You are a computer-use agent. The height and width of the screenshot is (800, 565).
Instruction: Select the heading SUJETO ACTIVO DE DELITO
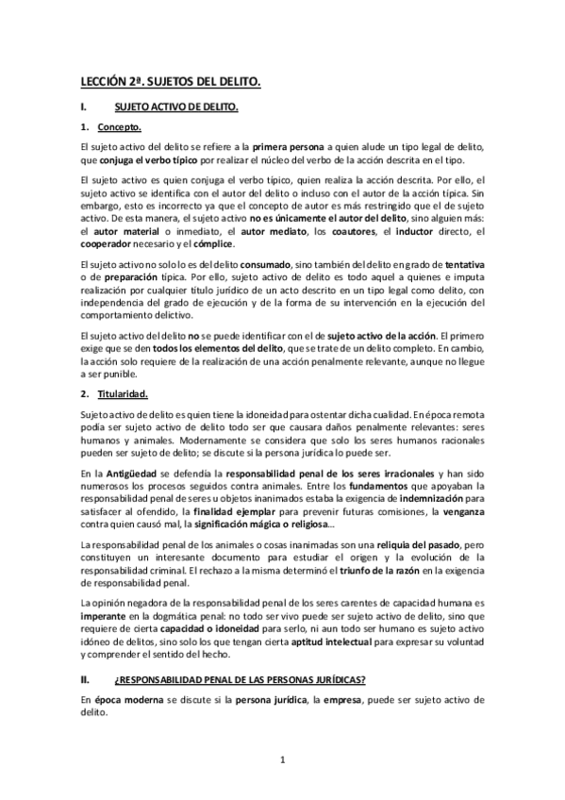(174, 108)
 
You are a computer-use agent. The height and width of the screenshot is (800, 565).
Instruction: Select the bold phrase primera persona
(287, 147)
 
